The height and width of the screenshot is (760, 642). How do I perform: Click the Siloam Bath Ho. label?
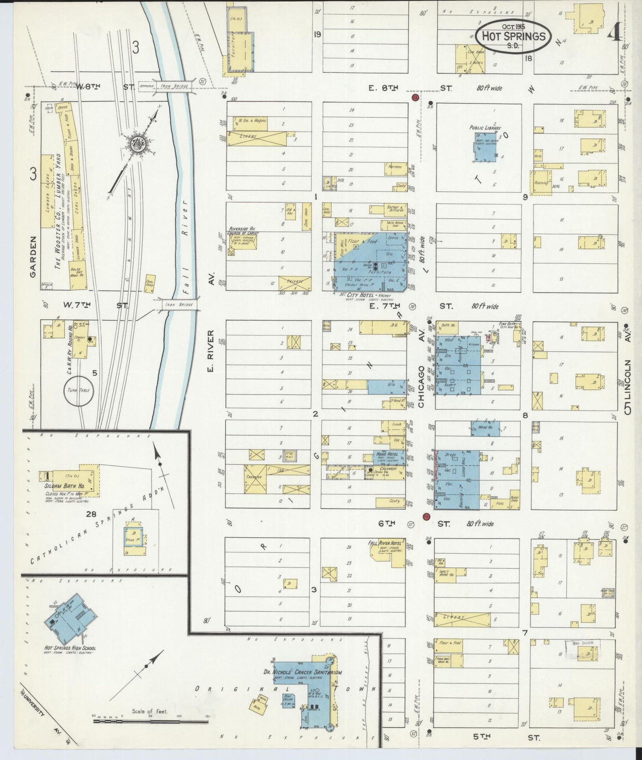[64, 486]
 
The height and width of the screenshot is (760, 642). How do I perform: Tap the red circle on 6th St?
[425, 517]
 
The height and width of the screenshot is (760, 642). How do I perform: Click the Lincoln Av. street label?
[628, 382]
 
